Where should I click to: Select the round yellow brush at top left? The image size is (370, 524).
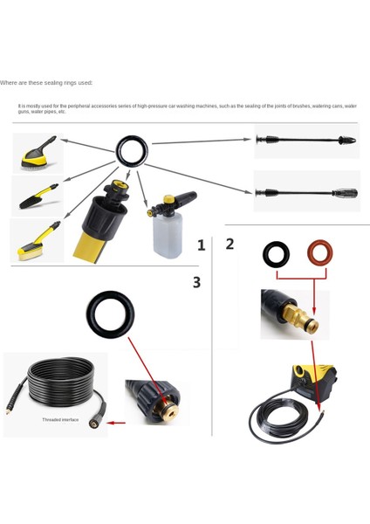[36, 152]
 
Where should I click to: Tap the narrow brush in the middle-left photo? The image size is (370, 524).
[37, 194]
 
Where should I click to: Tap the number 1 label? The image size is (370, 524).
[202, 245]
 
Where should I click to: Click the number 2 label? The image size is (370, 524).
[230, 244]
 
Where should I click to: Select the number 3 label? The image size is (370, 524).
[196, 282]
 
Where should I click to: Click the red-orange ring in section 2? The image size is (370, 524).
[319, 255]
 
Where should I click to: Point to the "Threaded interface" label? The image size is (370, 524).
[60, 420]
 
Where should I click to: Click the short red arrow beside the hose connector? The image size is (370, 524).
[115, 422]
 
